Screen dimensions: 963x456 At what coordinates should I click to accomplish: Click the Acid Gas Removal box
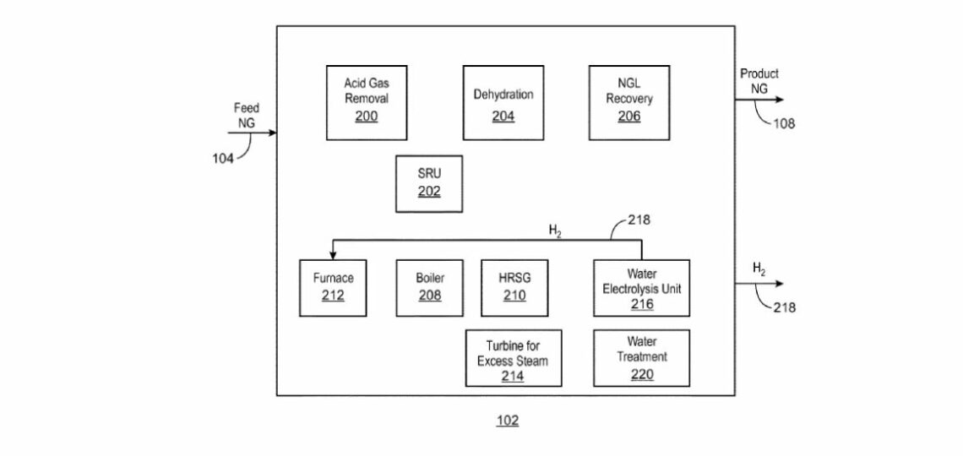(x=366, y=102)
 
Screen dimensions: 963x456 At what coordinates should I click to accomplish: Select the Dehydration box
(x=503, y=102)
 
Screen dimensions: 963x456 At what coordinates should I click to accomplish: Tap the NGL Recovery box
(x=628, y=102)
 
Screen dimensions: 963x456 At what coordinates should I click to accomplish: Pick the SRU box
(x=429, y=183)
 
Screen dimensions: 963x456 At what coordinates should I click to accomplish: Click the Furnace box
(x=333, y=288)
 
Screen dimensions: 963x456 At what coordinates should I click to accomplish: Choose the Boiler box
(x=430, y=288)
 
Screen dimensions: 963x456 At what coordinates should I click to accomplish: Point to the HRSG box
(x=514, y=288)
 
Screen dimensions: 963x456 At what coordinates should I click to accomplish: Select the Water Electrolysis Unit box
(x=642, y=288)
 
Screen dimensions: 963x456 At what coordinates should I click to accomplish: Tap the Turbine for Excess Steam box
(x=514, y=358)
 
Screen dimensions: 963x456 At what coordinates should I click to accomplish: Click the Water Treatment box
(x=642, y=358)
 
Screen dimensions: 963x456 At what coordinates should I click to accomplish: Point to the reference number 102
(x=508, y=421)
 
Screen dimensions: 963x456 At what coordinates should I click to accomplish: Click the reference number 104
(x=223, y=159)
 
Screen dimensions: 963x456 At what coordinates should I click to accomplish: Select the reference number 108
(x=784, y=123)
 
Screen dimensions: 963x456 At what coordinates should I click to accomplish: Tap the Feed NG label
(x=247, y=116)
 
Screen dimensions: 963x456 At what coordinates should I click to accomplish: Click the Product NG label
(x=759, y=81)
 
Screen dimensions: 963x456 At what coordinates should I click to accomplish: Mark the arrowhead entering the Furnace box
(x=333, y=255)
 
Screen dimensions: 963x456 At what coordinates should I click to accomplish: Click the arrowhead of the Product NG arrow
(x=780, y=100)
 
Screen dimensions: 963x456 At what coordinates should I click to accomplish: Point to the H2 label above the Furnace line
(x=555, y=231)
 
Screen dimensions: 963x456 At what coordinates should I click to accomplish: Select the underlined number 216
(x=642, y=304)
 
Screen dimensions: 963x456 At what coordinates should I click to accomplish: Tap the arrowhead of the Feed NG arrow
(x=272, y=133)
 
